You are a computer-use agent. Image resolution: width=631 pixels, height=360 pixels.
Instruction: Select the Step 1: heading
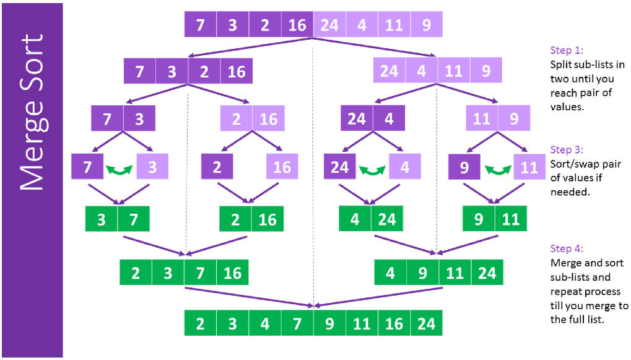(567, 50)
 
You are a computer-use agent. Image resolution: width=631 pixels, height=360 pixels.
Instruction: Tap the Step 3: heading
(567, 150)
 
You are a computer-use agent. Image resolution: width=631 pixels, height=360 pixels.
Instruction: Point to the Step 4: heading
(567, 248)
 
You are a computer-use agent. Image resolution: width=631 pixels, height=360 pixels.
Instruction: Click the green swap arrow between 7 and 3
(119, 170)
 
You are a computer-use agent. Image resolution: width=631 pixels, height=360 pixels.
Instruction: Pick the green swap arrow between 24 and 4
(372, 170)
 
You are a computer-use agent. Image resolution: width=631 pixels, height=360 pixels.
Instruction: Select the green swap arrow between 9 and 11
(497, 170)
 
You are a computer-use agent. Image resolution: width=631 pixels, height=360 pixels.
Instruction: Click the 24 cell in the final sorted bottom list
(427, 323)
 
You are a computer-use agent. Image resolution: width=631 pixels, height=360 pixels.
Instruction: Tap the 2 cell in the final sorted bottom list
(201, 323)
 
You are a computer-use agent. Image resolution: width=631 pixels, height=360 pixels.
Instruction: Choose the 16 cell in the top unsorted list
(297, 25)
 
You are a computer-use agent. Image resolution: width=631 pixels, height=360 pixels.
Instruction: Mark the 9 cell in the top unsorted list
(427, 25)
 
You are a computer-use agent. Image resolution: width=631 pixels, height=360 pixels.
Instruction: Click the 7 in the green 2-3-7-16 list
(201, 273)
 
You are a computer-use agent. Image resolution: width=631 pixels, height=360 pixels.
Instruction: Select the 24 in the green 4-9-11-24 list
(487, 273)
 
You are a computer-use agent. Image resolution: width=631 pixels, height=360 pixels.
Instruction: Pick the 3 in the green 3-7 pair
(102, 219)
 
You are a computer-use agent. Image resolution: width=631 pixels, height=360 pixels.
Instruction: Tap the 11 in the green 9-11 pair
(511, 219)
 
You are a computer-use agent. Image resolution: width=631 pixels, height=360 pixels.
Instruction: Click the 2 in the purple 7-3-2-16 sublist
(204, 71)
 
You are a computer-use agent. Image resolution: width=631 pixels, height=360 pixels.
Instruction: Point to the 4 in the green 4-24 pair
(355, 219)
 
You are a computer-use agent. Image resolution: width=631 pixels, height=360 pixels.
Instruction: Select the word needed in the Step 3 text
(570, 191)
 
